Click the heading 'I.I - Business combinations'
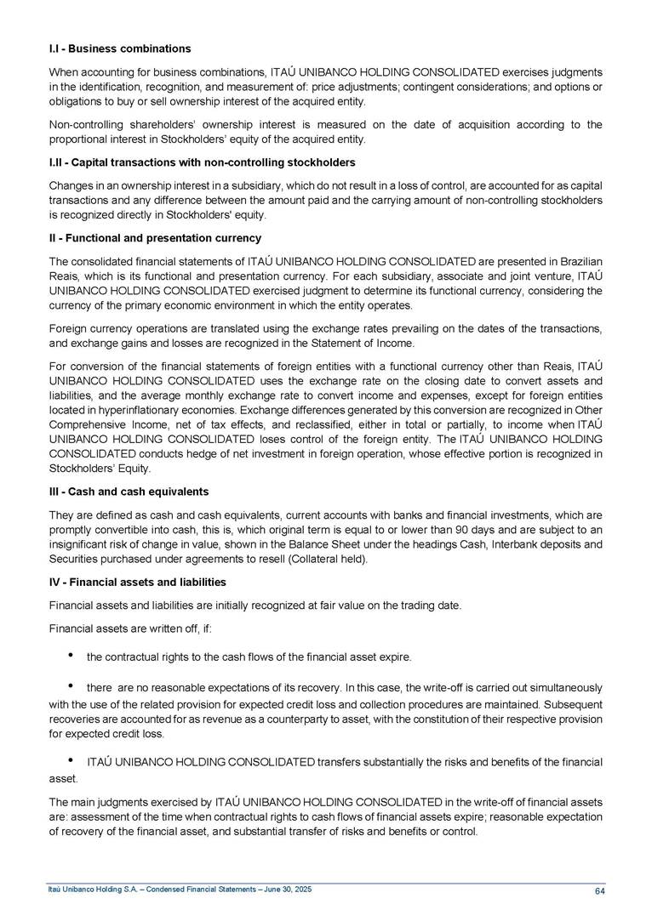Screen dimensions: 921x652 pyautogui.click(x=119, y=48)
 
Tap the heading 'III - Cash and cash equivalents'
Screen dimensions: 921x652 pyautogui.click(x=129, y=492)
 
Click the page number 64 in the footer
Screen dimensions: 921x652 pyautogui.click(x=599, y=890)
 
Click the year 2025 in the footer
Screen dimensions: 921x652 pyautogui.click(x=286, y=890)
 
